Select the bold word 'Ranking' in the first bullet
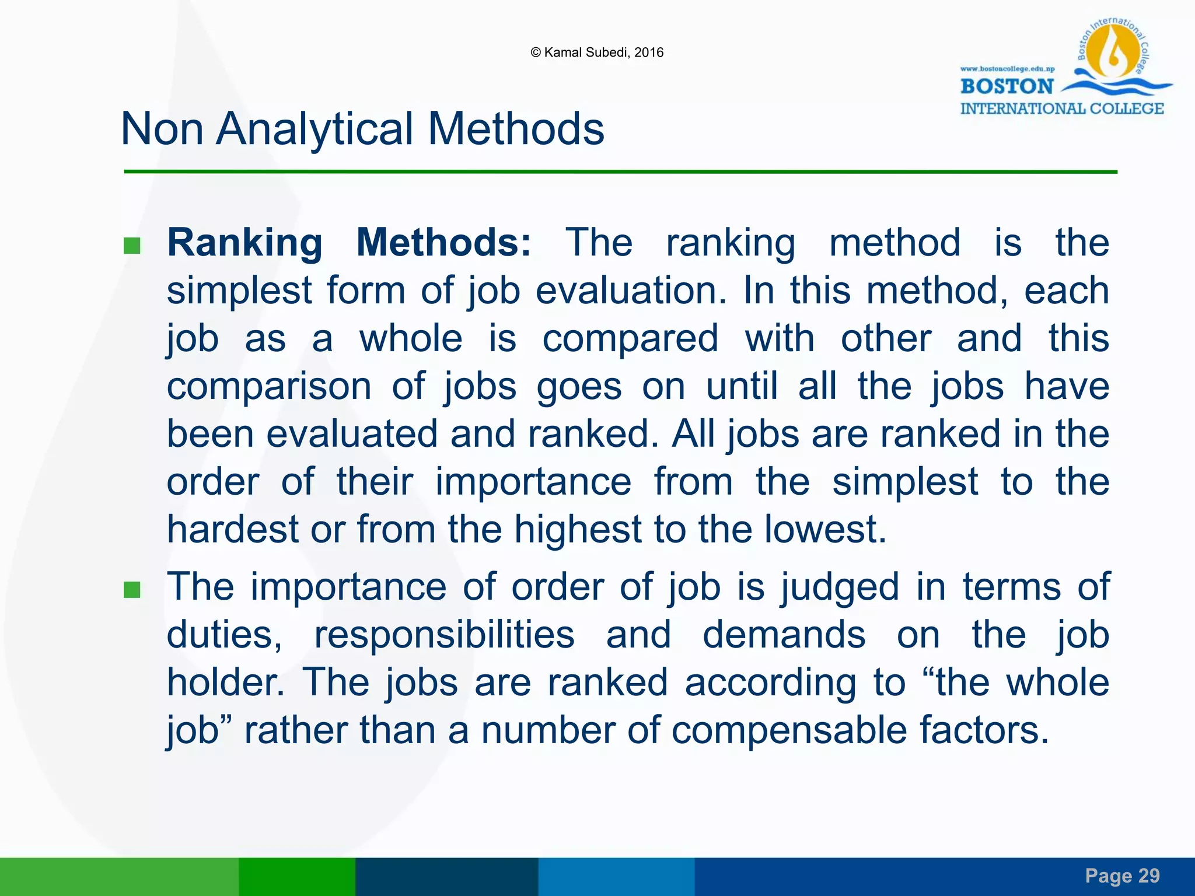pos(244,243)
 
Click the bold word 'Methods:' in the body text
pos(443,243)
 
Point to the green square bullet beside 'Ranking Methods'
pos(132,246)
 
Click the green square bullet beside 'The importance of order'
pos(132,590)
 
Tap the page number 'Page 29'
pos(1122,876)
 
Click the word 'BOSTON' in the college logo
pos(1007,86)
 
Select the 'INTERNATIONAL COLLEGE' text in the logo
pos(1062,108)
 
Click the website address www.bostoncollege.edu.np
pos(1007,69)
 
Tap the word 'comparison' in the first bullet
pos(269,386)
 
